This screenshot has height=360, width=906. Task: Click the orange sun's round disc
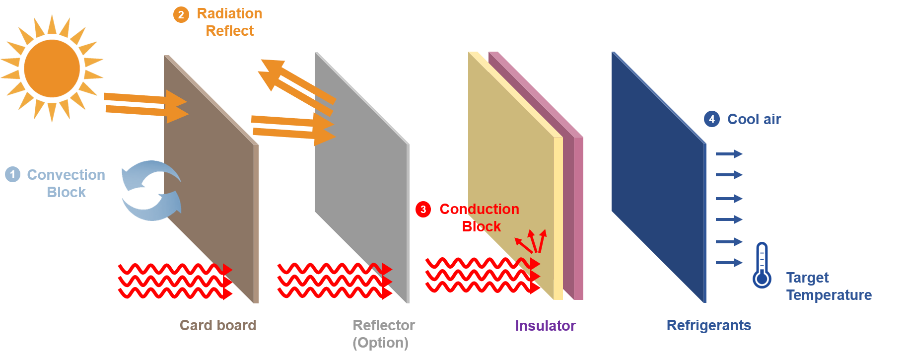click(52, 69)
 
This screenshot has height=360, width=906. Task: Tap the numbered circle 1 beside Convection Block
click(13, 174)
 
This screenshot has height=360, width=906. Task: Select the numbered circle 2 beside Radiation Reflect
click(181, 15)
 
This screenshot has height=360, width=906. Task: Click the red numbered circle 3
click(423, 209)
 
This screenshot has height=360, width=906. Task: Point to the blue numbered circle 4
click(712, 119)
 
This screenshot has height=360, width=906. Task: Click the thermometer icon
click(762, 265)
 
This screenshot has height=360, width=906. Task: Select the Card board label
click(218, 325)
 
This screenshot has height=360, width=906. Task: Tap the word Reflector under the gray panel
click(384, 325)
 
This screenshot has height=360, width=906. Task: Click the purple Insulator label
click(545, 326)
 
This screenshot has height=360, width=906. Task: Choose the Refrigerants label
click(709, 325)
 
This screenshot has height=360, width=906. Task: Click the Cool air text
click(754, 119)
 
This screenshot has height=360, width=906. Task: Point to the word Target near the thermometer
click(808, 278)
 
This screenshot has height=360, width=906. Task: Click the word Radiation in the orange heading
click(229, 13)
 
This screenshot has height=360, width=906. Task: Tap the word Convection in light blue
click(66, 175)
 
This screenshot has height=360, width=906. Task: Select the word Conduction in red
click(480, 209)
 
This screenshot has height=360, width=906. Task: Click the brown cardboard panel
click(211, 179)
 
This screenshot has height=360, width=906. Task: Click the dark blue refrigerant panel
click(659, 177)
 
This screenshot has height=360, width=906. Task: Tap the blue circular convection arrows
click(151, 190)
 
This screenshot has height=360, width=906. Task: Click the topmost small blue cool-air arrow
click(729, 154)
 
